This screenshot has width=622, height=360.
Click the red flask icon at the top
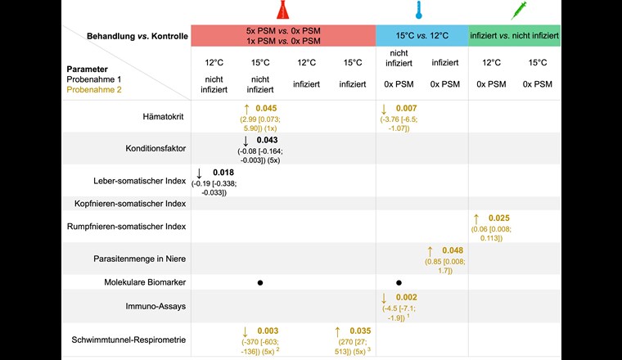[x=282, y=11]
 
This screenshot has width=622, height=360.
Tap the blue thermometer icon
[x=419, y=11]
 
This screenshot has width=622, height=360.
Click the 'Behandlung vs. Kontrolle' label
[x=137, y=36]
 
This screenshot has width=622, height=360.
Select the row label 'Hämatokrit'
[x=164, y=117]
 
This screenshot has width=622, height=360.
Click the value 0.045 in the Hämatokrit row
[x=267, y=108]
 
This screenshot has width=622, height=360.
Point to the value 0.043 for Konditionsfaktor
[x=267, y=141]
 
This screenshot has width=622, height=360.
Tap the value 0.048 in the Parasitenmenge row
[x=452, y=250]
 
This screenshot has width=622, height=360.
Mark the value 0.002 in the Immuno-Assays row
[x=405, y=298]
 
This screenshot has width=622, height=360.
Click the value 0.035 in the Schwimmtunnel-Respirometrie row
[x=359, y=331]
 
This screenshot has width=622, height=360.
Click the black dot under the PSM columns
[x=259, y=281]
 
